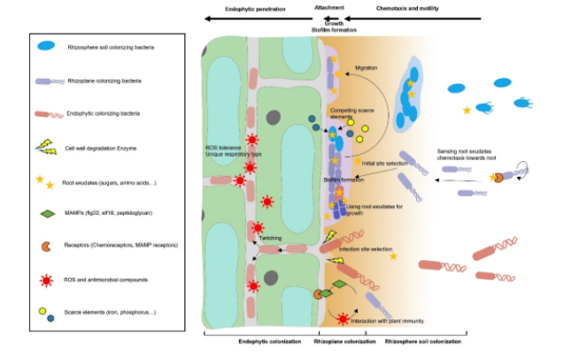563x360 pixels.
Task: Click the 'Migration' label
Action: (x=366, y=67)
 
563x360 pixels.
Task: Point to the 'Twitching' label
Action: (x=269, y=240)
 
